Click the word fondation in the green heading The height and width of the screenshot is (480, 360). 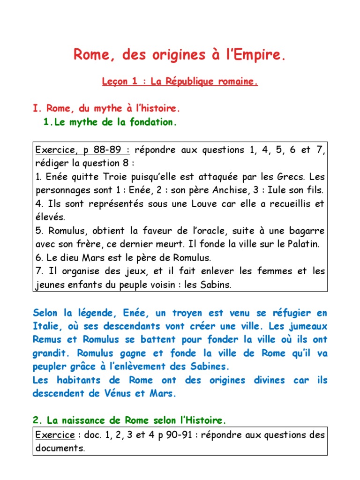(x=154, y=123)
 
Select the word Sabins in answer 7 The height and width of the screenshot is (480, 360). (x=217, y=285)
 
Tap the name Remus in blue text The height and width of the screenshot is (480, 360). (x=47, y=339)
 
